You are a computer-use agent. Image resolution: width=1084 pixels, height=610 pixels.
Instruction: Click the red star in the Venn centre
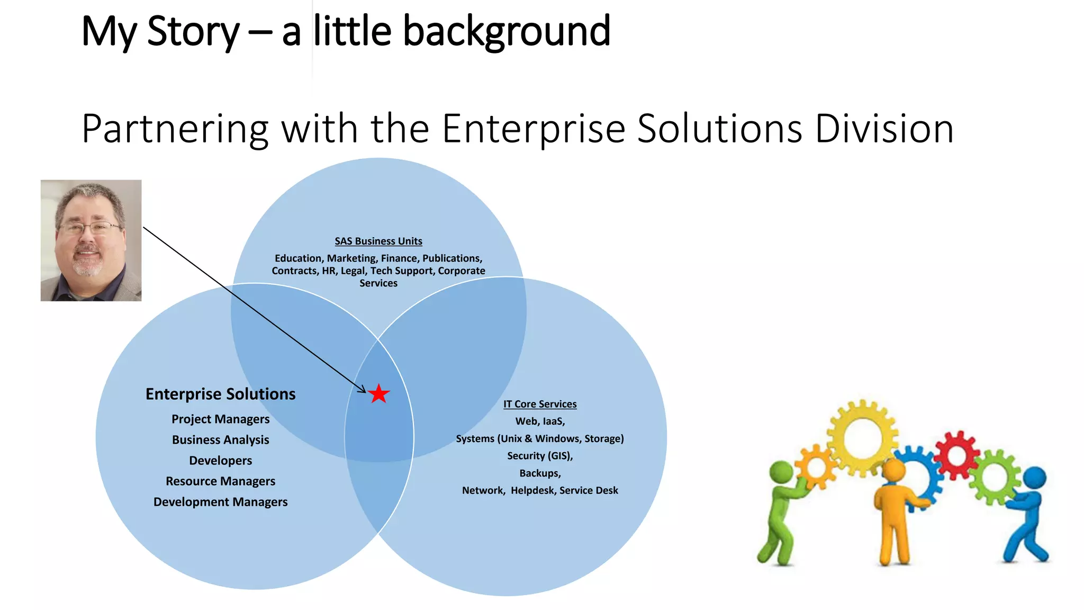tap(379, 394)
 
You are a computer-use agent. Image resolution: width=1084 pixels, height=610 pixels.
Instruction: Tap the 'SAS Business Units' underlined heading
tap(378, 241)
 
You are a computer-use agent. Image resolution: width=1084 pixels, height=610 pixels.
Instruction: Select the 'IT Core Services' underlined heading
tap(540, 404)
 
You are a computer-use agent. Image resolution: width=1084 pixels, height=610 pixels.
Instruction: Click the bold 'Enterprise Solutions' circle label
tap(220, 394)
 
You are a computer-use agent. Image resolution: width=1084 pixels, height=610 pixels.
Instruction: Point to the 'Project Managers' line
tap(220, 419)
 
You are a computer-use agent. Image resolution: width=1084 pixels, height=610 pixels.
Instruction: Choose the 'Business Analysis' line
tap(220, 439)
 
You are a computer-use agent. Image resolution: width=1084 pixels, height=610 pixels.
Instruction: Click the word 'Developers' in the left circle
tap(220, 460)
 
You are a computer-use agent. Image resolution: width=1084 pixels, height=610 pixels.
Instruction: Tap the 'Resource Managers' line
tap(220, 481)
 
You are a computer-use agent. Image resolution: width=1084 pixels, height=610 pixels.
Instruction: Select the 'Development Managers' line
tap(220, 501)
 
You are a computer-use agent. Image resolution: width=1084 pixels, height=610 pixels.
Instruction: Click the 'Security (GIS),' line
tap(540, 456)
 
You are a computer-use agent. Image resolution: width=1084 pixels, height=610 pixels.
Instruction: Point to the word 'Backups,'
tap(540, 473)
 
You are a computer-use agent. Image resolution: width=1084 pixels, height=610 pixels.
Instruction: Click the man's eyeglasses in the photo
tap(90, 229)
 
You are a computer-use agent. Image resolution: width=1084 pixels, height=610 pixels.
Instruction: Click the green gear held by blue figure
tap(995, 477)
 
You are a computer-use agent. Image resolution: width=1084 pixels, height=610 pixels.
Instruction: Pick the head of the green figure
tap(781, 472)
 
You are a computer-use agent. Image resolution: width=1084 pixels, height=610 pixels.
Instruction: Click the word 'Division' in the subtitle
tap(884, 129)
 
